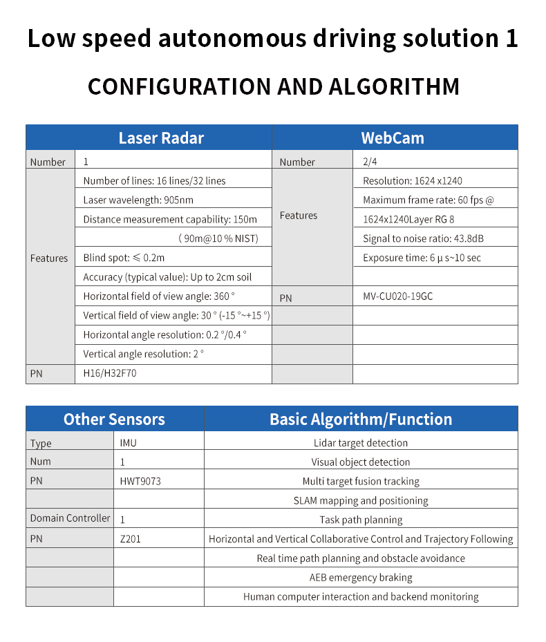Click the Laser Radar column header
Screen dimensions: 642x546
pos(161,138)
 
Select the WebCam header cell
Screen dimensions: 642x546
pos(393,138)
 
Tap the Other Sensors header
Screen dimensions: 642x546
pos(114,419)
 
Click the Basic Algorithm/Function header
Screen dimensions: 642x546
pos(361,419)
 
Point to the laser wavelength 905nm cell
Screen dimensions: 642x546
pos(138,200)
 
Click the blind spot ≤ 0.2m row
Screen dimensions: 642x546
pos(124,258)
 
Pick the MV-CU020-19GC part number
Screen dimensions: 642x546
pos(398,296)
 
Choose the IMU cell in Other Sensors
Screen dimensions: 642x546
pos(129,442)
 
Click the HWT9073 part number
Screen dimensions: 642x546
pos(140,481)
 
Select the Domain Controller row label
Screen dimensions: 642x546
pos(70,518)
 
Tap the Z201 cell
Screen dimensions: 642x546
pos(130,538)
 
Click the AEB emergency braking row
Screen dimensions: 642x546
pos(361,577)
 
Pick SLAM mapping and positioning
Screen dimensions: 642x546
pos(361,500)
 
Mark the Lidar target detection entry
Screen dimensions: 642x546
pos(361,442)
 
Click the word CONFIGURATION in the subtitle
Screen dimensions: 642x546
pos(179,87)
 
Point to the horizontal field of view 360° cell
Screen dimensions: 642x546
pos(159,296)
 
